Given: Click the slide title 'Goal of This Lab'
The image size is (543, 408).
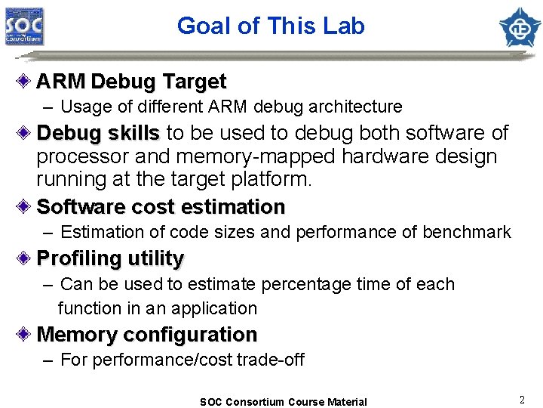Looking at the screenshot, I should point(271,26).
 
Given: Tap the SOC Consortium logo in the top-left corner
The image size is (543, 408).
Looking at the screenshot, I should point(25,26).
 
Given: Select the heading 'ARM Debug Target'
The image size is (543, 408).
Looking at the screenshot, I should point(131,81).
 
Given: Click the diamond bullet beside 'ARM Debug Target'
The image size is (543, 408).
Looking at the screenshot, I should point(26,81).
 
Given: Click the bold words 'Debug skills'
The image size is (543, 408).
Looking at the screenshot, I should point(98,134).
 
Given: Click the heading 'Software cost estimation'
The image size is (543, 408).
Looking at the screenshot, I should point(161,206).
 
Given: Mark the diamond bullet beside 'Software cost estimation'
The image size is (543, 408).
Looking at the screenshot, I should point(26,206).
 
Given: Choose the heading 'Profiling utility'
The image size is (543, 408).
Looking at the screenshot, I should point(110,258).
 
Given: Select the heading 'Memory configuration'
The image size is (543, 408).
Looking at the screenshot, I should point(147,334).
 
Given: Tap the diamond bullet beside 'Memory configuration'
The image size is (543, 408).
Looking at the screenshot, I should point(26,334).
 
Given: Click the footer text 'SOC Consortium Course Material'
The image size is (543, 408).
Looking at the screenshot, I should point(283,402).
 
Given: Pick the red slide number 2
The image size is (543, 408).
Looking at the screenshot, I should point(521,398).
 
